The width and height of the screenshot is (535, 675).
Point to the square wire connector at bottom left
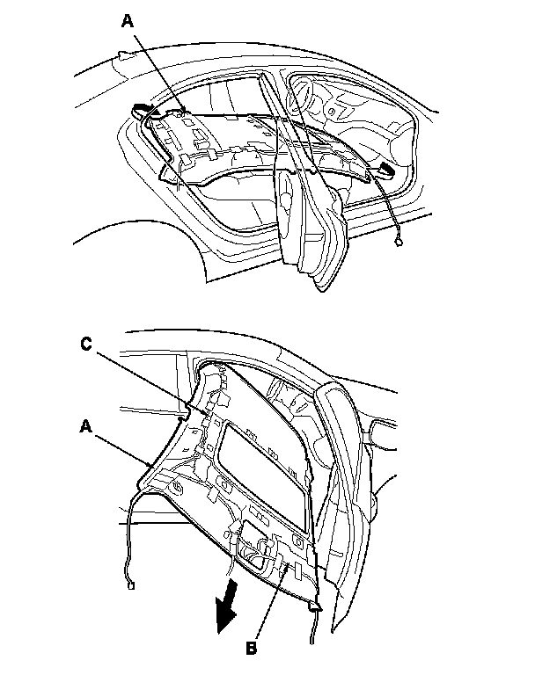tap(130, 586)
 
